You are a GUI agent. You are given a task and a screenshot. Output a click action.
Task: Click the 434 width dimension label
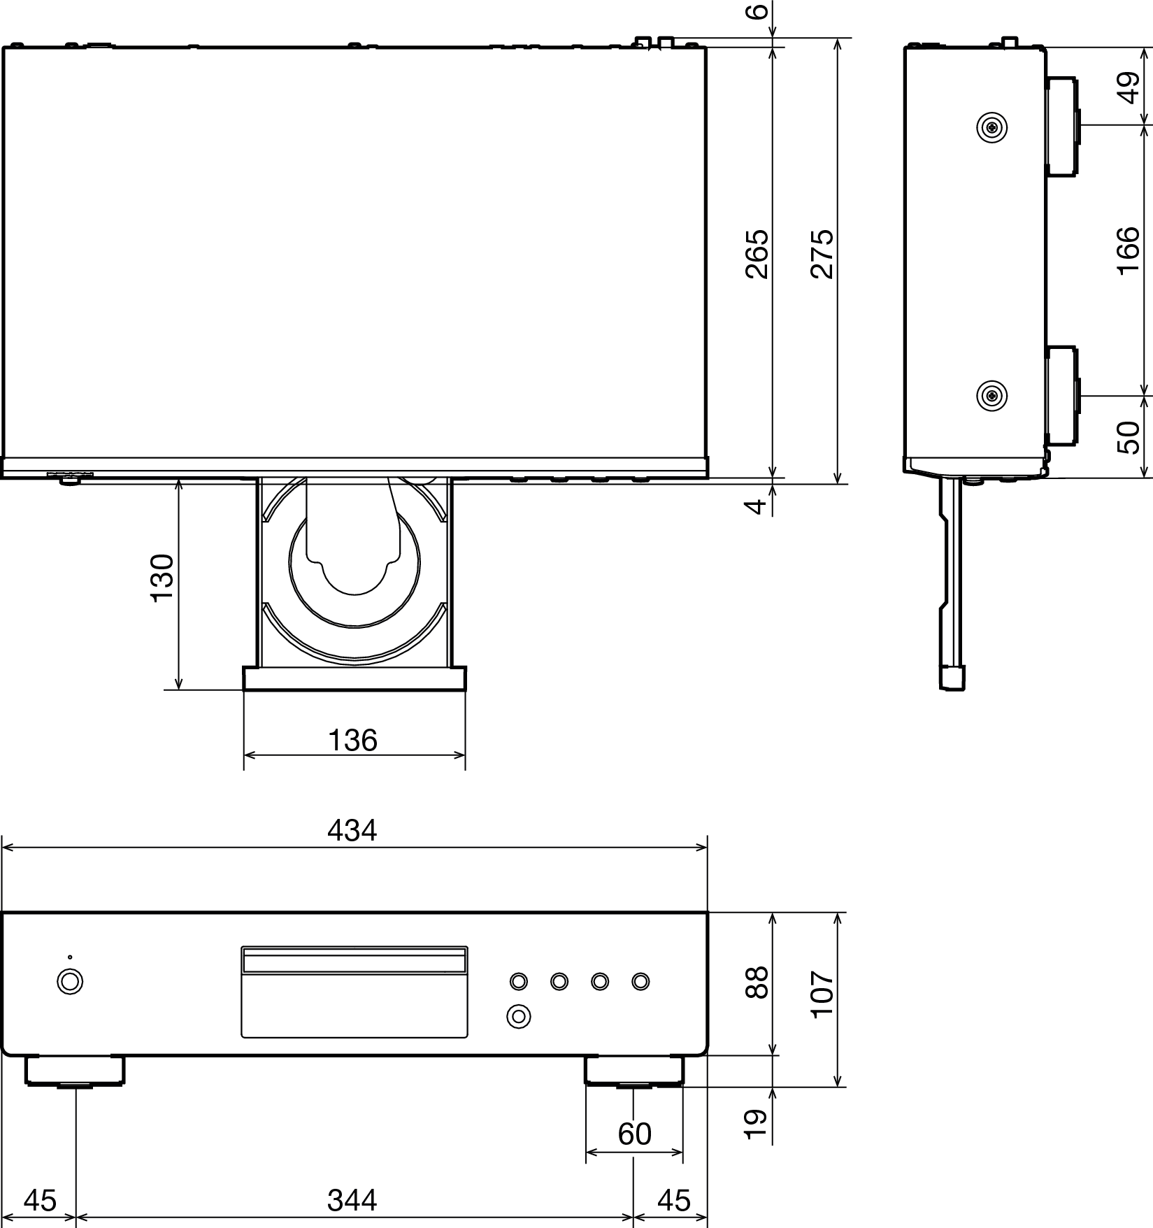click(352, 830)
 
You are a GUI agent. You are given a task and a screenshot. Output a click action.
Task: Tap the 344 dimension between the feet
click(352, 1200)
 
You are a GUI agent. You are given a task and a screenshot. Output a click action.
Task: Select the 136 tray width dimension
click(352, 740)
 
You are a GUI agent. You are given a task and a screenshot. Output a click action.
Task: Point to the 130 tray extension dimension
click(162, 578)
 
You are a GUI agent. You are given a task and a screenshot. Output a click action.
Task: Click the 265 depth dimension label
click(757, 254)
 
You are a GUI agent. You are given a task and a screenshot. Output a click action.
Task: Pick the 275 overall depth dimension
click(823, 254)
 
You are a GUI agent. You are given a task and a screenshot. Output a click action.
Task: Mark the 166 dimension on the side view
click(1128, 250)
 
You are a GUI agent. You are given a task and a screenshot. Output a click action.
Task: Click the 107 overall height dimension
click(823, 994)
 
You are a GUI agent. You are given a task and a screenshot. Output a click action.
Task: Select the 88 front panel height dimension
click(757, 983)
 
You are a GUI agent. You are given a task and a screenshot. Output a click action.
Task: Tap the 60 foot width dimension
click(634, 1134)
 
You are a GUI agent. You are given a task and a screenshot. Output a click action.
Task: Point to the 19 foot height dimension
click(757, 1124)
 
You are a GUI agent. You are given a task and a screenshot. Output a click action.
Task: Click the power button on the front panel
click(70, 981)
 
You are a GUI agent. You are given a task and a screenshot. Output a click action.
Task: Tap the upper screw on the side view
click(991, 127)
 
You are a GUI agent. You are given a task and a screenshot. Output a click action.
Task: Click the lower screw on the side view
click(991, 396)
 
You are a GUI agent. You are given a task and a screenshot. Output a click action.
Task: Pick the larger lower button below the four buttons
click(518, 1015)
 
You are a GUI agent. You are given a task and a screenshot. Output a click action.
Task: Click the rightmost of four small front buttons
click(640, 982)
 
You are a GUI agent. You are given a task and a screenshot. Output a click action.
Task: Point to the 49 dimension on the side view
click(1128, 87)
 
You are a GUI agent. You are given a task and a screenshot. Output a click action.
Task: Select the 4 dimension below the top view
click(757, 505)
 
